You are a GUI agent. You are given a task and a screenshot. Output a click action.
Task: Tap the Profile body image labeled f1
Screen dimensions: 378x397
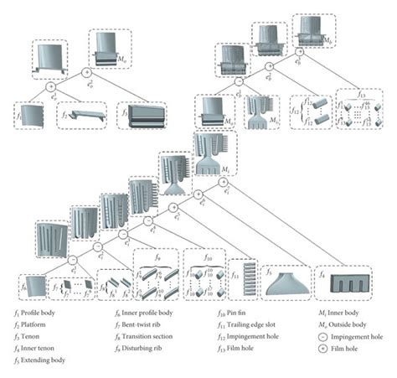(x=32, y=116)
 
